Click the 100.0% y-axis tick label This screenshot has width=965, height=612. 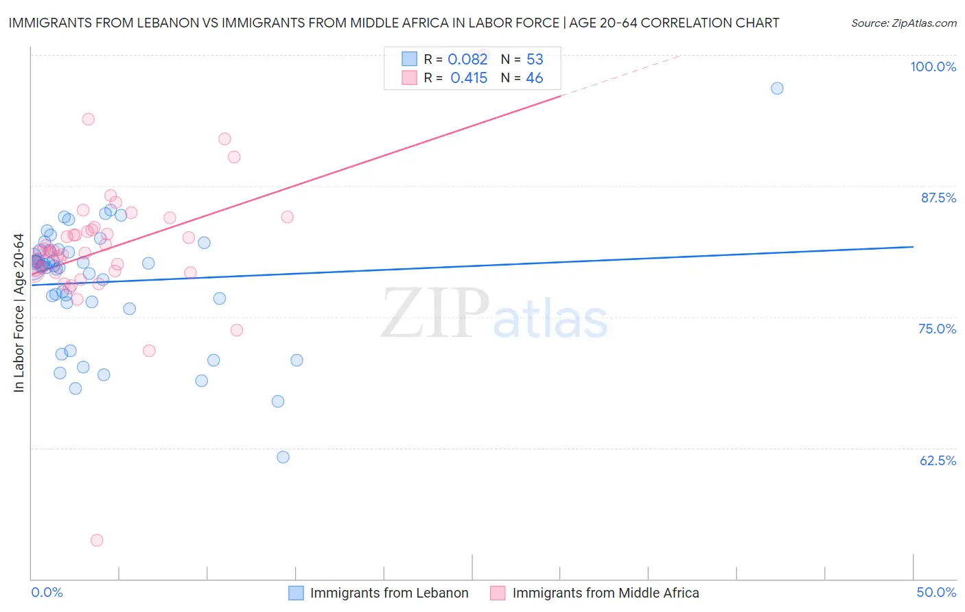pyautogui.click(x=933, y=67)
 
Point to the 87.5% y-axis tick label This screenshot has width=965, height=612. pyautogui.click(x=938, y=198)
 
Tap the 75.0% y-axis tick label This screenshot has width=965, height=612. pyautogui.click(x=937, y=329)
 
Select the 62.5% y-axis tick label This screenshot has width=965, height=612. pyautogui.click(x=938, y=460)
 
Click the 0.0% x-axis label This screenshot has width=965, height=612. pyautogui.click(x=47, y=592)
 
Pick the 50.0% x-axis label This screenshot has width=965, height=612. pyautogui.click(x=936, y=592)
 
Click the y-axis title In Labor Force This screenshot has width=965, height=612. pyautogui.click(x=19, y=313)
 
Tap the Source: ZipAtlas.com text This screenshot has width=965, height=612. pyautogui.click(x=903, y=23)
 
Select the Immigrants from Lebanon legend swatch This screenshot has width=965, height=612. pyautogui.click(x=296, y=593)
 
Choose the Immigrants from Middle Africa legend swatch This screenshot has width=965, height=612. pyautogui.click(x=498, y=593)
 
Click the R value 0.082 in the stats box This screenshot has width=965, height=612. pyautogui.click(x=467, y=59)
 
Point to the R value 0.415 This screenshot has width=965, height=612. pyautogui.click(x=469, y=78)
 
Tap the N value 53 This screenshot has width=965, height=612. pyautogui.click(x=535, y=59)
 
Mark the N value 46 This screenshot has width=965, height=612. pyautogui.click(x=534, y=78)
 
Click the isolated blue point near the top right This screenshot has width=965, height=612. pyautogui.click(x=777, y=88)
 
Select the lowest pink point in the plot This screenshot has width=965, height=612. pyautogui.click(x=97, y=540)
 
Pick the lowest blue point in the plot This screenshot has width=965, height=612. pyautogui.click(x=283, y=457)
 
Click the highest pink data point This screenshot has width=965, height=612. pyautogui.click(x=88, y=119)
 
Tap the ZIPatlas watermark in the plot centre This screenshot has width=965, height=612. pyautogui.click(x=494, y=314)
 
